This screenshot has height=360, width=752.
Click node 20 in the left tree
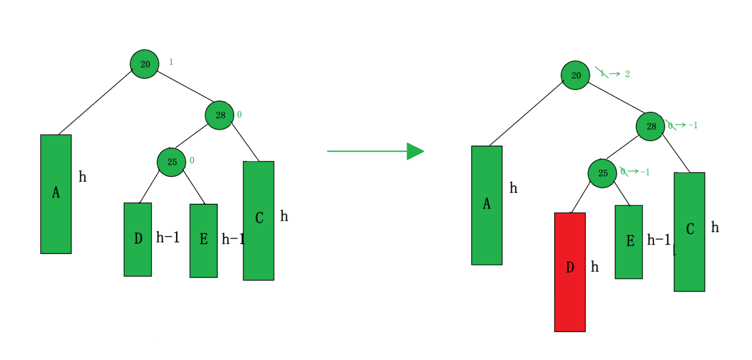click(145, 64)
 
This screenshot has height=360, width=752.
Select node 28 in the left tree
click(219, 115)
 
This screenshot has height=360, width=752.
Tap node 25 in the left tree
click(171, 162)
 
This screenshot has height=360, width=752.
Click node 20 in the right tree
click(575, 75)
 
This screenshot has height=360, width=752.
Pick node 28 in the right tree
click(650, 126)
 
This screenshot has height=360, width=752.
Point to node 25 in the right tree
click(602, 173)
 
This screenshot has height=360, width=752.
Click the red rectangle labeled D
click(570, 272)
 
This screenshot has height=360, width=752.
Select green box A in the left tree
click(56, 194)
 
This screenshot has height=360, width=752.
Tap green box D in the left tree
click(138, 240)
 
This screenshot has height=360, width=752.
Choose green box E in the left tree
click(204, 241)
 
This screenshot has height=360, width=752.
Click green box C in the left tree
click(259, 221)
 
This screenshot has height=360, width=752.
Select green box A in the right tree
click(487, 206)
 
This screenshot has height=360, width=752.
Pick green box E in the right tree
click(629, 242)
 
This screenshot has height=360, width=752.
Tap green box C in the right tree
click(690, 232)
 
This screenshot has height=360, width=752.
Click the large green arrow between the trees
click(375, 151)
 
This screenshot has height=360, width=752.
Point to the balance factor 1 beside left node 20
click(171, 62)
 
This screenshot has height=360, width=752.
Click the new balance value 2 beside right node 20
click(628, 74)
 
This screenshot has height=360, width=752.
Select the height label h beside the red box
click(595, 267)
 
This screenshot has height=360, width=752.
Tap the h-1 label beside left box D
click(168, 238)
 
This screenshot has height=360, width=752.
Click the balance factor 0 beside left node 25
click(192, 160)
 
